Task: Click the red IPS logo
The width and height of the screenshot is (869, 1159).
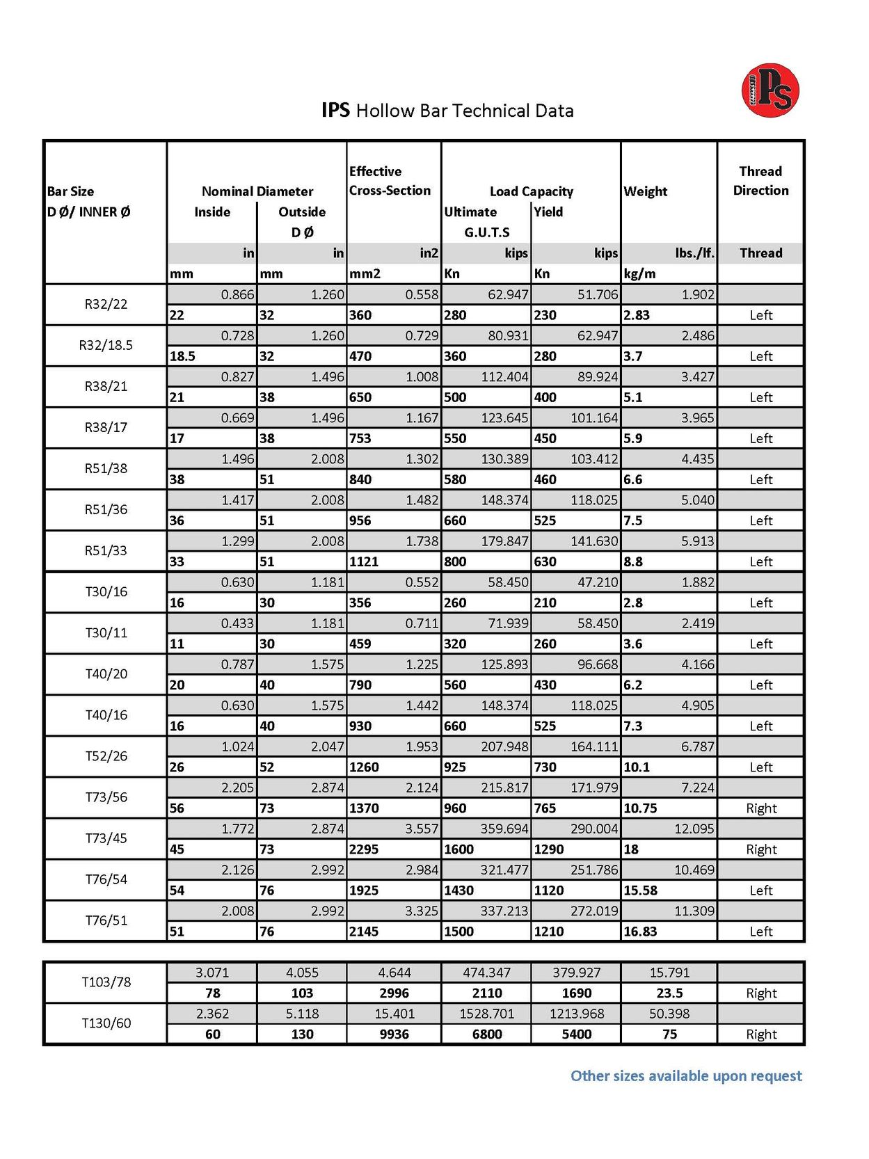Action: point(770,90)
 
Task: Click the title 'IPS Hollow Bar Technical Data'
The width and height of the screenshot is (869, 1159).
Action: point(447,111)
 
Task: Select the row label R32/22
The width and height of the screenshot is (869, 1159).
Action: point(106,304)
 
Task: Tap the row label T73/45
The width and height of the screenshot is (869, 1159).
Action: point(106,838)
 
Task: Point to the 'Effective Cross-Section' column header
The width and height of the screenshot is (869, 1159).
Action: point(390,181)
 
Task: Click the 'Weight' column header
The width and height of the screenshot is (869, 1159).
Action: point(645,191)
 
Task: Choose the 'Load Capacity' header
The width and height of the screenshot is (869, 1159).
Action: point(532,191)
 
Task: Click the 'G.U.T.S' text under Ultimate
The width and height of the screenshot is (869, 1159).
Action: point(486,232)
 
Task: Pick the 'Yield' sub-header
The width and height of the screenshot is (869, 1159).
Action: point(548,211)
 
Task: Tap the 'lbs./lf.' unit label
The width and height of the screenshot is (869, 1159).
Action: point(694,253)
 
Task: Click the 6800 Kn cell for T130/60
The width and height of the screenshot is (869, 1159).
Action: point(486,1034)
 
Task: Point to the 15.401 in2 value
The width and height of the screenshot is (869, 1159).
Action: point(394,1014)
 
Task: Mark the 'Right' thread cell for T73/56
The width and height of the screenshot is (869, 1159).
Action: point(761,808)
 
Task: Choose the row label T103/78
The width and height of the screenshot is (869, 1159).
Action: point(106,982)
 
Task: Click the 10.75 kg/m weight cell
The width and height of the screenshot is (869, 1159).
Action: point(640,808)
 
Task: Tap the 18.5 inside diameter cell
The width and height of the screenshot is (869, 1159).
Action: point(182,356)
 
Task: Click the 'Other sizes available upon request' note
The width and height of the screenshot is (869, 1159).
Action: point(685,1076)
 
